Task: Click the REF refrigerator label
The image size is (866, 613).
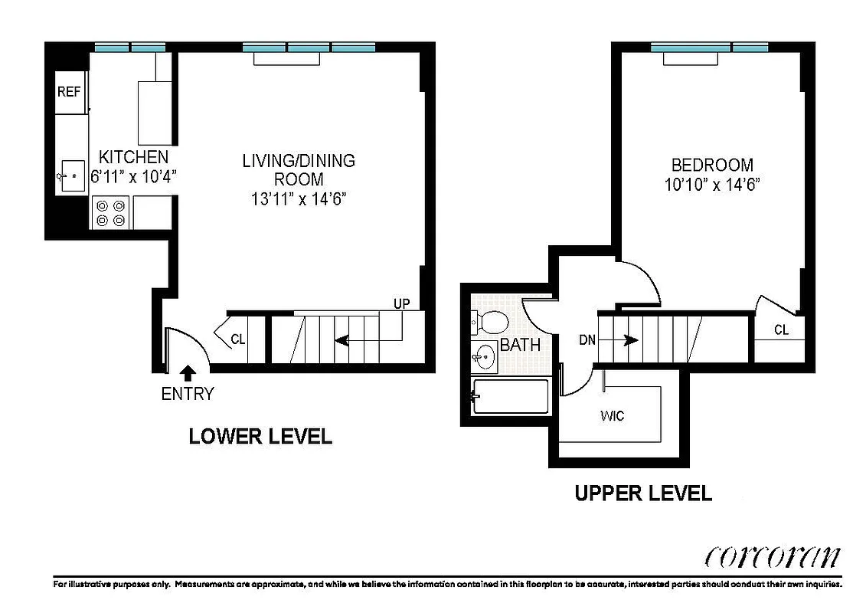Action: [69, 92]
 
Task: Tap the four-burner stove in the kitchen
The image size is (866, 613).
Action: [110, 212]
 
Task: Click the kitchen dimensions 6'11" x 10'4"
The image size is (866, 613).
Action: [134, 175]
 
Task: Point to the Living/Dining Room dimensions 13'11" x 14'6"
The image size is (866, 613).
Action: [299, 198]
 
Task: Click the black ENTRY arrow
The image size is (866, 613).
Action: [188, 373]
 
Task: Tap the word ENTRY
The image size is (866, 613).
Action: [188, 395]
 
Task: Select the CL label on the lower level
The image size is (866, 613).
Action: [238, 339]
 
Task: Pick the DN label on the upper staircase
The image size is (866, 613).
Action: [587, 340]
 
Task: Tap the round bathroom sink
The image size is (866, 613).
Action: [484, 356]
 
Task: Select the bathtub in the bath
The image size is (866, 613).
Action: [511, 397]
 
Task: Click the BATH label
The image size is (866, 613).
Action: [520, 346]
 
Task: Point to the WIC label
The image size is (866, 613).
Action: [612, 416]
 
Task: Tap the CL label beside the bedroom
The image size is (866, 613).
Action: [781, 330]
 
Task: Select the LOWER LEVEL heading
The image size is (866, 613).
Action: [260, 437]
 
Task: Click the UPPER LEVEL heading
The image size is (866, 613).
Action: [643, 493]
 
